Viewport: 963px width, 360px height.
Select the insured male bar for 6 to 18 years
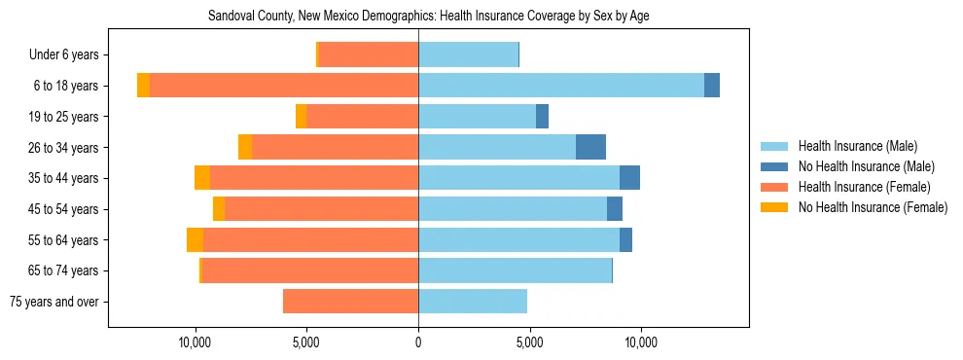point(561,86)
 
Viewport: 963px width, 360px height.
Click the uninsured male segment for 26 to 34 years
point(590,147)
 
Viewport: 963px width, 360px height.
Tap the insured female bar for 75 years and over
point(350,302)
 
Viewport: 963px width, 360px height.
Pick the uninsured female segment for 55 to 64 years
point(195,239)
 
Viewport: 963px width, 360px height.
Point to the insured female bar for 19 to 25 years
point(362,117)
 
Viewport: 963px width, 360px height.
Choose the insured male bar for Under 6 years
point(468,54)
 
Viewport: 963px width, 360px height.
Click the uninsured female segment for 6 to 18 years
point(143,86)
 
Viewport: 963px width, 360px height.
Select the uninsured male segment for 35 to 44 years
point(629,178)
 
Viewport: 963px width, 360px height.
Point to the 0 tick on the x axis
point(418,342)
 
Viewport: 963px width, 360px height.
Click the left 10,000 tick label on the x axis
point(196,342)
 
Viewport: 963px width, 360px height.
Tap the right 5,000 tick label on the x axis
point(529,342)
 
